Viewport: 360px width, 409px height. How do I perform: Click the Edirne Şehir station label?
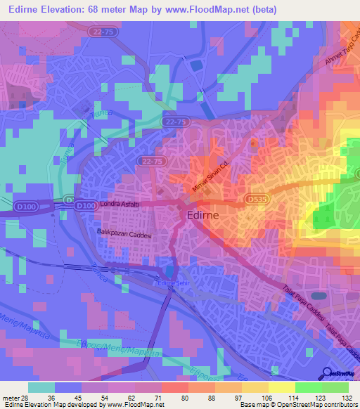pyautogui.click(x=174, y=283)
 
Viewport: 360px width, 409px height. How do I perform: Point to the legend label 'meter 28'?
pyautogui.click(x=15, y=398)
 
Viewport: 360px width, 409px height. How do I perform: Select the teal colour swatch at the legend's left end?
pyautogui.click(x=41, y=387)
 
